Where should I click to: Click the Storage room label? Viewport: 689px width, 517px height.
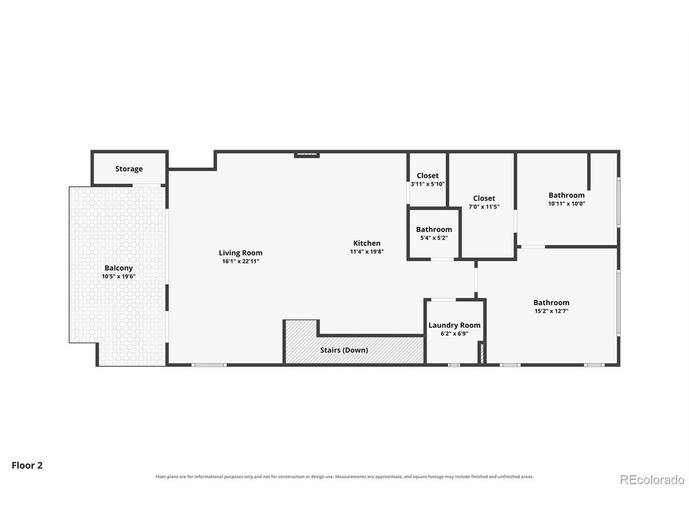tap(129, 169)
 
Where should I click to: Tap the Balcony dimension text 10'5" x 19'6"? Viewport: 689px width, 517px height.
tap(118, 276)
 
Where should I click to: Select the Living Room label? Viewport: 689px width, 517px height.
tap(241, 253)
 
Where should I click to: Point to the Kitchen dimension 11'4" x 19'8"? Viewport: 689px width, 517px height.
tap(367, 251)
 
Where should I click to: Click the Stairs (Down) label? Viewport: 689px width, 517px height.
tap(344, 350)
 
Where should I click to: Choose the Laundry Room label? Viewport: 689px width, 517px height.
tap(454, 325)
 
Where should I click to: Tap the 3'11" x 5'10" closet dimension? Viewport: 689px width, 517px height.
tap(427, 184)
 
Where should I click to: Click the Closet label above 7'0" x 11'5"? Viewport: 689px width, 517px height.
tap(484, 198)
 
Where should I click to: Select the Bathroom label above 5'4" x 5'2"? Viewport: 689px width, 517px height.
tap(434, 229)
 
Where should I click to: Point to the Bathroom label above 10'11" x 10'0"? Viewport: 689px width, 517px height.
tap(566, 195)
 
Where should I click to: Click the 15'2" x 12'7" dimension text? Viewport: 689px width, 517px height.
tap(551, 311)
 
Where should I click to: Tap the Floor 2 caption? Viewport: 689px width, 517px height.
tap(27, 465)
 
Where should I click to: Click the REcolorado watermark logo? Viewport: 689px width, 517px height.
tap(652, 480)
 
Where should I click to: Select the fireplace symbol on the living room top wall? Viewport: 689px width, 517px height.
tap(306, 155)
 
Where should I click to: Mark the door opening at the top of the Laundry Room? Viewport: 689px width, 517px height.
tap(444, 300)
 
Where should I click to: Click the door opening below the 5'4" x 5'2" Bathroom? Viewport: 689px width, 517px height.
tap(442, 259)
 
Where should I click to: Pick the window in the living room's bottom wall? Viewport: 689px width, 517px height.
tap(209, 365)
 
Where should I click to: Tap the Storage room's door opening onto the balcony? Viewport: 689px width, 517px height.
tap(146, 185)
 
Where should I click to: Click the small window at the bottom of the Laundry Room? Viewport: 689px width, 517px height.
tap(454, 365)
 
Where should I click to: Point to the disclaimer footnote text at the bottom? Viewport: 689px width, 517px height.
tap(344, 477)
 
